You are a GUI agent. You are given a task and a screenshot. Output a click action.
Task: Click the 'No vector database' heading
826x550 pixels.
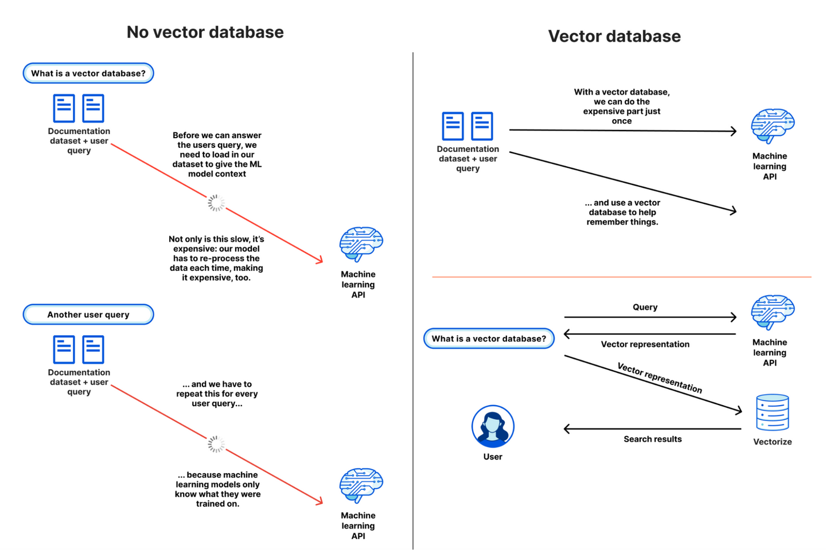[205, 32]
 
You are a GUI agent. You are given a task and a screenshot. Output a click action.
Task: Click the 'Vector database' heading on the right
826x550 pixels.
[614, 36]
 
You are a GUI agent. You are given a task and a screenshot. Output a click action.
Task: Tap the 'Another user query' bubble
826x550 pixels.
[88, 315]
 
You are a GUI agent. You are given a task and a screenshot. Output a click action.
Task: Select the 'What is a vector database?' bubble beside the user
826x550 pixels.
[489, 339]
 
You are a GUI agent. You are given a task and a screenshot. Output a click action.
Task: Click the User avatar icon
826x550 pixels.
[493, 426]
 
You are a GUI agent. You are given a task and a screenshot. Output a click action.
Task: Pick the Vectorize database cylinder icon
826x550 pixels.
[772, 412]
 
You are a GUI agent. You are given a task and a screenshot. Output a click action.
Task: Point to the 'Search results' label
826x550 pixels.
[653, 439]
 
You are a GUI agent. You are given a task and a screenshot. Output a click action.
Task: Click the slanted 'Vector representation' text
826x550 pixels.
[660, 378]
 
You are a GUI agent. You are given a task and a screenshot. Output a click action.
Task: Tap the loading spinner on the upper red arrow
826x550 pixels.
[216, 202]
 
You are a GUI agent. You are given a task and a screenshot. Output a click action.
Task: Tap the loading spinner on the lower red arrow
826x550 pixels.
[216, 443]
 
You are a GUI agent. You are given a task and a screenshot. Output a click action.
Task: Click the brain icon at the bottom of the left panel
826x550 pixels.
[361, 485]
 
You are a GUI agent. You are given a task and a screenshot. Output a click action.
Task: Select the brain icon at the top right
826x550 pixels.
[772, 125]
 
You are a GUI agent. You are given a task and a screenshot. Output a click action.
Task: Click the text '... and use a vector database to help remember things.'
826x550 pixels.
[622, 212]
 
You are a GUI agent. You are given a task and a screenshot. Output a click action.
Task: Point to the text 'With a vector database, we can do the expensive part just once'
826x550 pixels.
[622, 106]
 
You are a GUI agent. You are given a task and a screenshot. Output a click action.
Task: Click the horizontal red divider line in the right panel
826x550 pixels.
[621, 277]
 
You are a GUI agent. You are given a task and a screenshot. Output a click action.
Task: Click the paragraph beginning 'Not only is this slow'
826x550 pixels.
[216, 258]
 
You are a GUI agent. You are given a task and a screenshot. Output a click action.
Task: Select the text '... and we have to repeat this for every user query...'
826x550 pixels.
[217, 394]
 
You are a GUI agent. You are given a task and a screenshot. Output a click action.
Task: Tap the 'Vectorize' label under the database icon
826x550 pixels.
[772, 442]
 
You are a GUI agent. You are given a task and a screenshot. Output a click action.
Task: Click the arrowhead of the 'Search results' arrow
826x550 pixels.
[566, 429]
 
